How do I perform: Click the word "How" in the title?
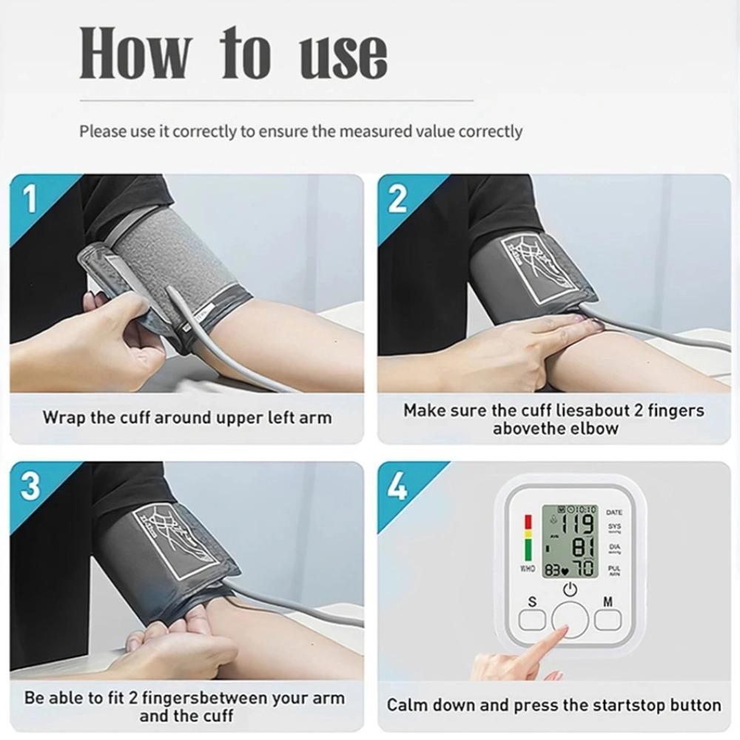tap(135, 53)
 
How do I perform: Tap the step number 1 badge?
tap(29, 199)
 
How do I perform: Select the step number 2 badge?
tap(397, 199)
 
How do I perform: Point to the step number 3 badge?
tap(30, 487)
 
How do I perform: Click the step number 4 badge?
tap(397, 487)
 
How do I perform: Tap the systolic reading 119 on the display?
tap(577, 525)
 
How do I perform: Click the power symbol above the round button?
tap(569, 591)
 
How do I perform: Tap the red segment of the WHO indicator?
tap(528, 522)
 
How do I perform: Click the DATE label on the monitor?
tap(614, 512)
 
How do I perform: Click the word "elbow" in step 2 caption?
tap(595, 428)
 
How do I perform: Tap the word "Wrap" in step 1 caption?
tap(64, 417)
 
